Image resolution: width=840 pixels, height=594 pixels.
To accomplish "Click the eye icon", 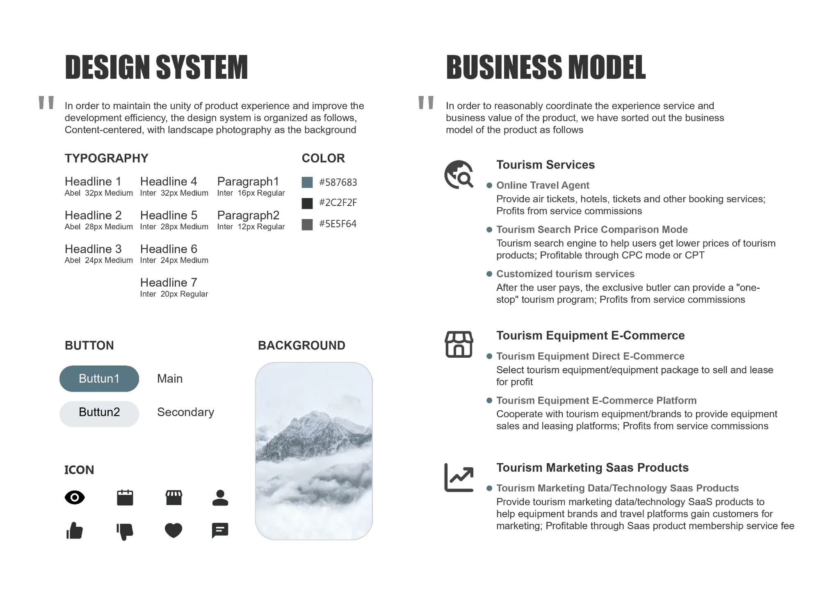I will click(75, 498).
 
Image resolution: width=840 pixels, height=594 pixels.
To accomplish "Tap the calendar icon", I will click(125, 498).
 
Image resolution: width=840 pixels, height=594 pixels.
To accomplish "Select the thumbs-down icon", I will click(125, 531).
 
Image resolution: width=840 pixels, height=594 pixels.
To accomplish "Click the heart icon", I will click(173, 530).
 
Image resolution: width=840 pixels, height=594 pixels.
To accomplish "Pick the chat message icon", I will click(220, 530).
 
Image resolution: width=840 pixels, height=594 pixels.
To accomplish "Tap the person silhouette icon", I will click(220, 498).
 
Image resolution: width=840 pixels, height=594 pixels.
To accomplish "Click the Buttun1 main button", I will click(99, 379).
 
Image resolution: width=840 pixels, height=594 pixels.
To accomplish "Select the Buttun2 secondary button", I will click(99, 412).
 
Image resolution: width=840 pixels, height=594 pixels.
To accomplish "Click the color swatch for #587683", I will click(307, 183).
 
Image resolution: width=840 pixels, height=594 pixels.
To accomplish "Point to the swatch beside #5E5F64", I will click(307, 224).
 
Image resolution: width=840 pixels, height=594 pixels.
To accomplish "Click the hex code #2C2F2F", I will click(338, 203).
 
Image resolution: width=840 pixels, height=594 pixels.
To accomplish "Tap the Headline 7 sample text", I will click(169, 283).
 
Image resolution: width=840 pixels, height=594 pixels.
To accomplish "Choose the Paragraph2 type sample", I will click(248, 215).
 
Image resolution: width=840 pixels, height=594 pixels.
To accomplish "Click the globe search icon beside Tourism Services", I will click(459, 174).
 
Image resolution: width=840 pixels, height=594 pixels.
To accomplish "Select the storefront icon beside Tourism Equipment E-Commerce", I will click(459, 344).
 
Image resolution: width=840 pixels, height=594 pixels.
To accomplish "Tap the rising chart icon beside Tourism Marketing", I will click(459, 477).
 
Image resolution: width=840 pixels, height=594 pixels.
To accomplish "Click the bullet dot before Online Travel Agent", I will click(489, 185).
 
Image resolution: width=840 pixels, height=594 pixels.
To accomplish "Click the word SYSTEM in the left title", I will click(202, 67).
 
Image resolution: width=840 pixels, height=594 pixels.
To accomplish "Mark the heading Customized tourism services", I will click(565, 274).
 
